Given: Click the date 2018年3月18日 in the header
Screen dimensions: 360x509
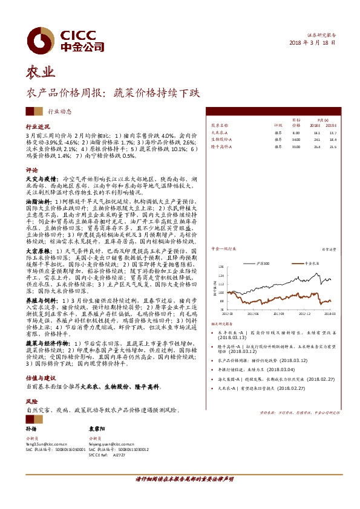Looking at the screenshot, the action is click(x=312, y=43).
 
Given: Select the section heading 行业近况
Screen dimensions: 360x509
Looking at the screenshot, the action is click(x=37, y=128).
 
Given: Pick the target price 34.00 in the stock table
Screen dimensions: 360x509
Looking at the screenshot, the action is click(x=296, y=138).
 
